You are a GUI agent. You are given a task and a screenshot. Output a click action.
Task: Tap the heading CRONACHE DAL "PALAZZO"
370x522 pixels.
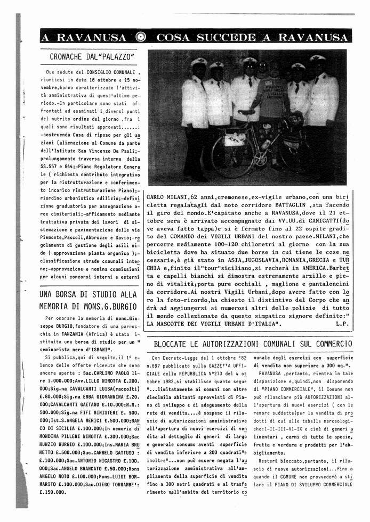coord(91,56)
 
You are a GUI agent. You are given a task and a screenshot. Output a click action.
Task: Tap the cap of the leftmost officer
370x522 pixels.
coord(199,62)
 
